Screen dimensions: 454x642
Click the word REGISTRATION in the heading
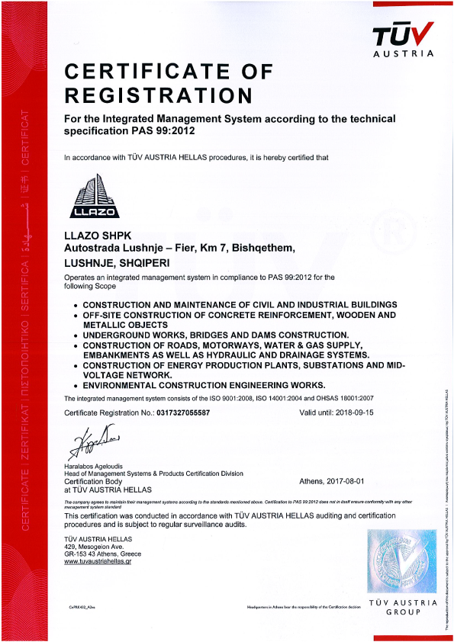[x=158, y=95]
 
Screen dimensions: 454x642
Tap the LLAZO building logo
[x=85, y=196]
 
